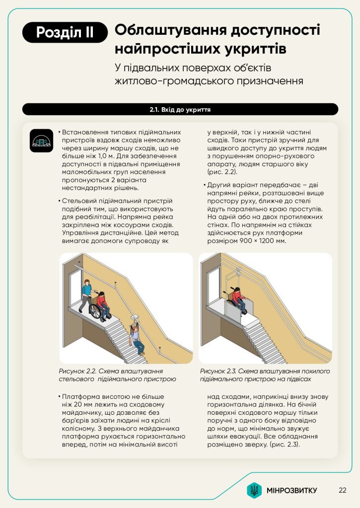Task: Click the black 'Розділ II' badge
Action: [65, 33]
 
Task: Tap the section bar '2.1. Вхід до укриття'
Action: [180, 109]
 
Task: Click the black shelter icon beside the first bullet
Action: [42, 141]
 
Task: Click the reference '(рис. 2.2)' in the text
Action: [222, 172]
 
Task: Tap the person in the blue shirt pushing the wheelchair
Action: [86, 293]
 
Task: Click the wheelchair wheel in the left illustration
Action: [95, 312]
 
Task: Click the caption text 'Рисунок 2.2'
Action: [76, 371]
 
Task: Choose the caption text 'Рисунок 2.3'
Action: [218, 371]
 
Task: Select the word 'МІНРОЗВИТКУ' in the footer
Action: [291, 491]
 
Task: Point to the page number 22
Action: [342, 490]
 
